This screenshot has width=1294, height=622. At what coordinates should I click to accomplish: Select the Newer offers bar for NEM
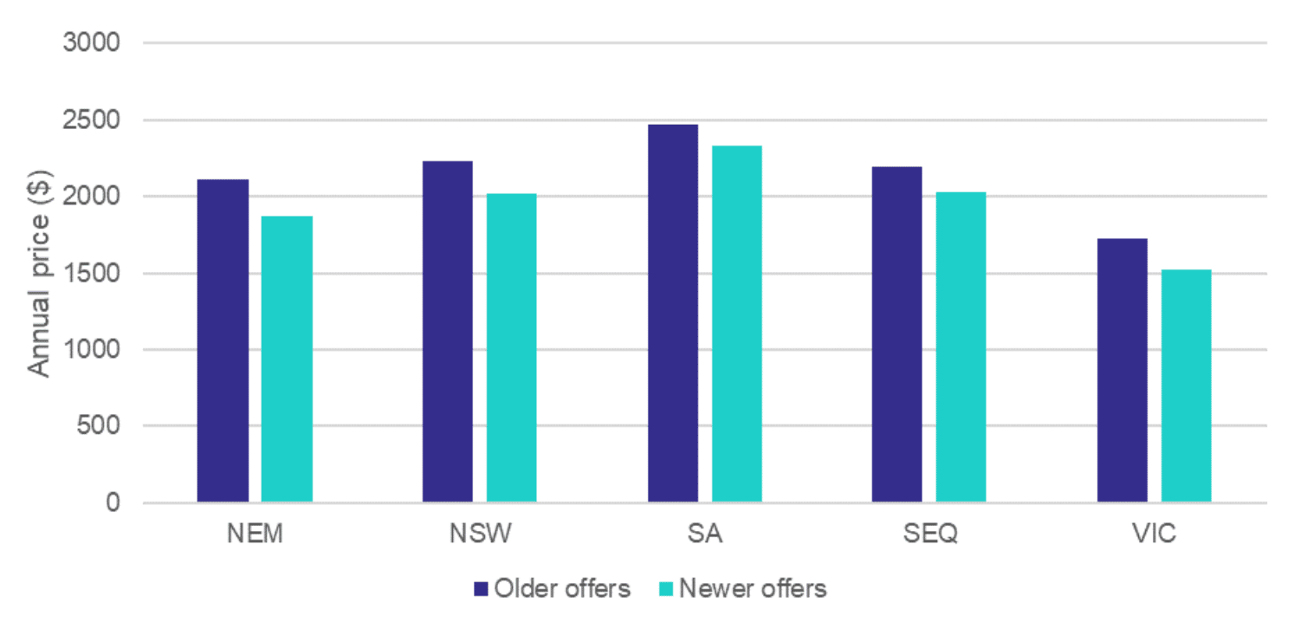(x=287, y=359)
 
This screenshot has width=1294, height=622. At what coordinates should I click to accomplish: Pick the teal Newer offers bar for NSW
(x=511, y=347)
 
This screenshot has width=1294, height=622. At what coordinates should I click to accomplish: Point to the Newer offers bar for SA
(x=737, y=324)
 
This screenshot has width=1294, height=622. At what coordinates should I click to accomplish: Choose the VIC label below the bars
(x=1154, y=534)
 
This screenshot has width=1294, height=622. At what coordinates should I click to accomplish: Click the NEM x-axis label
(x=255, y=534)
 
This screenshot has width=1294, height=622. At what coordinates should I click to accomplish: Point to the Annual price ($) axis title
(x=38, y=272)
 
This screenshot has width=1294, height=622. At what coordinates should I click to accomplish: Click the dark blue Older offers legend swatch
(x=482, y=590)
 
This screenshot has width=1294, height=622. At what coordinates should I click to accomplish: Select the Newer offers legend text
(x=753, y=589)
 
